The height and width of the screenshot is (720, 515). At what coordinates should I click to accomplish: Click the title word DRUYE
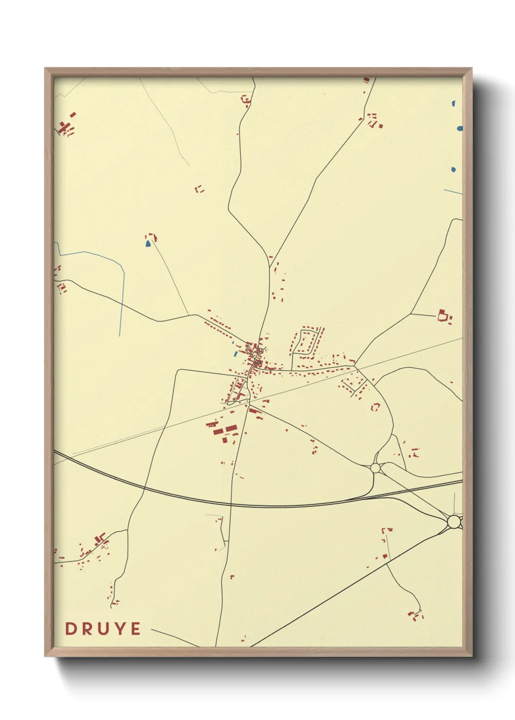[x=103, y=629]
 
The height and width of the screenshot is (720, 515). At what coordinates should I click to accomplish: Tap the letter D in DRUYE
[x=71, y=629]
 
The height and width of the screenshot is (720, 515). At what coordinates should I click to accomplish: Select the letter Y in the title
[x=120, y=629]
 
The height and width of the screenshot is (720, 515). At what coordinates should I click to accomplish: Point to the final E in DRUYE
[x=136, y=629]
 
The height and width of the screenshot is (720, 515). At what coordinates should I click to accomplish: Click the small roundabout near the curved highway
[x=375, y=468]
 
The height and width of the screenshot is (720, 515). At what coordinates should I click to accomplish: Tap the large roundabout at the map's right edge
[x=454, y=522]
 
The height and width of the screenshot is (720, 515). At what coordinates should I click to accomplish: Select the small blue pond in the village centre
[x=236, y=353]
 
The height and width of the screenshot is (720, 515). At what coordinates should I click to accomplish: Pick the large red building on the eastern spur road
[x=442, y=315]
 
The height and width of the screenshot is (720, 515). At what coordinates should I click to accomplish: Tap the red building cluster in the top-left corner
[x=65, y=127]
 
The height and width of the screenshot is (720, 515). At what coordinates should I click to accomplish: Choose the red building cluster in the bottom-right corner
[x=415, y=615]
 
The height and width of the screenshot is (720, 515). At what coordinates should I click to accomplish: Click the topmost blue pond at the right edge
[x=454, y=104]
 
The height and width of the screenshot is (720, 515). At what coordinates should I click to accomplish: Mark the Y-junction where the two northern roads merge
[x=270, y=266]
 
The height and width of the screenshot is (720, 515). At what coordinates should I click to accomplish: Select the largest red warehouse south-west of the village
[x=231, y=429]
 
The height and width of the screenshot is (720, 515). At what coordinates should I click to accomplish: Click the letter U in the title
[x=103, y=629]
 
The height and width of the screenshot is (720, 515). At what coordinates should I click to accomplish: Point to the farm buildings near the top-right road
[x=374, y=120]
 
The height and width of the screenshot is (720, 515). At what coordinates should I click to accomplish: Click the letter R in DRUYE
[x=87, y=629]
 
